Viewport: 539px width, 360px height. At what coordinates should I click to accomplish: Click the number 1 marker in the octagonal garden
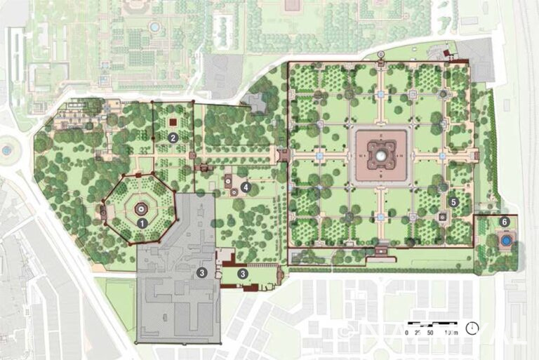point(142,222)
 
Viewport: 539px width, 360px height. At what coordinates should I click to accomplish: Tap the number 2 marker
point(173,138)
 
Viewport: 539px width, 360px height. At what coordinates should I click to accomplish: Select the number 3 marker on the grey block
point(202,272)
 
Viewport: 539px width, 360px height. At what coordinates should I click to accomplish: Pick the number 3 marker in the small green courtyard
point(242,273)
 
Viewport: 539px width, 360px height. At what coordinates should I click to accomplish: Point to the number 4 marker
point(246,187)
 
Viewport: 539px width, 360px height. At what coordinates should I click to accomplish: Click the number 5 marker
point(454,201)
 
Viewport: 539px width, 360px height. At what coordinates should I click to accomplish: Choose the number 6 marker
point(505,222)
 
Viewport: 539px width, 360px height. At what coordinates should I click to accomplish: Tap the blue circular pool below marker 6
point(505,241)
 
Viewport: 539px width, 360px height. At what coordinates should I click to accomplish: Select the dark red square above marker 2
point(173,122)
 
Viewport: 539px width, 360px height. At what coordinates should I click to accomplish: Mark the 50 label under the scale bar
point(430,331)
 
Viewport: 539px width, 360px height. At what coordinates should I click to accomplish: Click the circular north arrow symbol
point(472,328)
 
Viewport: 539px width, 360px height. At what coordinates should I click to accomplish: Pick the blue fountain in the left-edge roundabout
point(7,149)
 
